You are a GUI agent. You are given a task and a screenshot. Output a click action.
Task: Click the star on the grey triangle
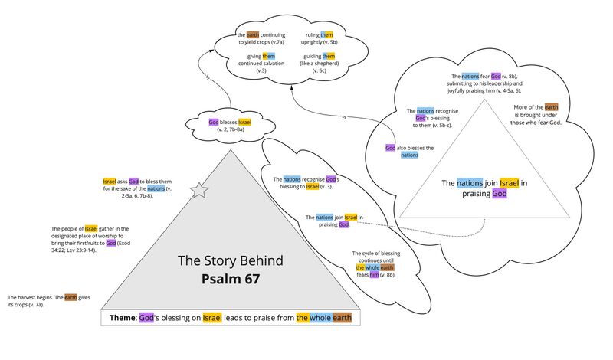tap(199, 190)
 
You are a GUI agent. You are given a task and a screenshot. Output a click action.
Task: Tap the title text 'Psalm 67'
tap(231, 279)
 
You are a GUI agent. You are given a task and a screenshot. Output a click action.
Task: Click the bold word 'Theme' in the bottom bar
tap(123, 318)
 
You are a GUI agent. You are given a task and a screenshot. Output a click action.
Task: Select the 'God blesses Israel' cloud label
tap(231, 126)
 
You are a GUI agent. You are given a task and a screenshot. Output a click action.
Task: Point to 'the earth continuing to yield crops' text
tap(261, 38)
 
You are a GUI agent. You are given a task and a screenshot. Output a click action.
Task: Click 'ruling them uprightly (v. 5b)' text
tap(319, 38)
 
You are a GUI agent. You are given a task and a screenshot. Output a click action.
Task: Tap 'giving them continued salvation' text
tap(261, 64)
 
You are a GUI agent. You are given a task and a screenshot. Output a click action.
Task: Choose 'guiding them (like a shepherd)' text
tap(319, 64)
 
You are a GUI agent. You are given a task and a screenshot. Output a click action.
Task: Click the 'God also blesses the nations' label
tap(409, 152)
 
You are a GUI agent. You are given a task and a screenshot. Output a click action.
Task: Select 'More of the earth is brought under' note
tap(536, 115)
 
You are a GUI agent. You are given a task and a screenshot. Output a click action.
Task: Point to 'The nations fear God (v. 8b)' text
tap(484, 83)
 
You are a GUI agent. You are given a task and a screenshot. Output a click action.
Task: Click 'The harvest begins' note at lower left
tap(49, 301)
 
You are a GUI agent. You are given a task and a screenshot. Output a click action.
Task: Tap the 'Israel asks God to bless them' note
tap(137, 188)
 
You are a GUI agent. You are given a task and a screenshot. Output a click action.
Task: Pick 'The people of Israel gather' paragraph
tap(90, 239)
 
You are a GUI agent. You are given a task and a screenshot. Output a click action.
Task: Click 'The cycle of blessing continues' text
tap(375, 263)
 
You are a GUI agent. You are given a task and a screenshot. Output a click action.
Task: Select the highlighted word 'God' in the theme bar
tap(146, 318)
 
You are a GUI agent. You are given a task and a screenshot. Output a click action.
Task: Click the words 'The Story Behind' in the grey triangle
tap(231, 260)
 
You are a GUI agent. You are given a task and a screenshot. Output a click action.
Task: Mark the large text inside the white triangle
tap(484, 188)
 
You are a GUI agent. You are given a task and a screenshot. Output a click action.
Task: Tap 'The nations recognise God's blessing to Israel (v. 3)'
tap(306, 183)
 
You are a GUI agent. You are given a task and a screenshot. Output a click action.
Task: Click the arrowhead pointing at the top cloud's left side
tap(211, 50)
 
